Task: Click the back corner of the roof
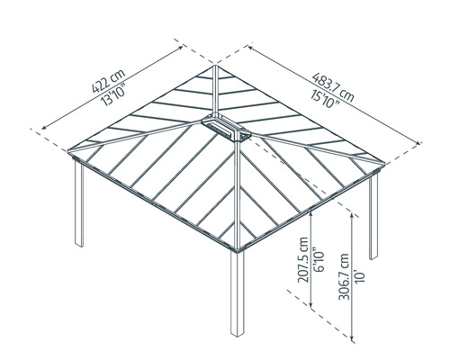[x=215, y=65]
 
